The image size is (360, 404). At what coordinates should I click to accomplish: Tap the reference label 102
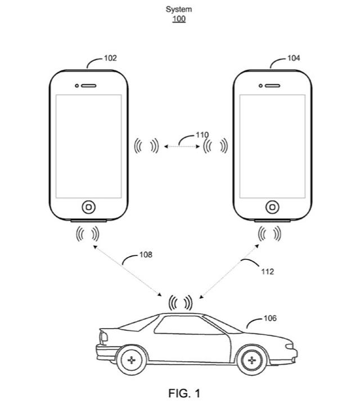[x=110, y=58]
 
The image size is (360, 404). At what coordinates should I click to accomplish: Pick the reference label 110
[x=202, y=135]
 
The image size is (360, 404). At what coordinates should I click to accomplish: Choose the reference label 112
[x=267, y=272]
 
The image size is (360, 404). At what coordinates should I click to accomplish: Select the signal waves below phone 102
[x=88, y=232]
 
